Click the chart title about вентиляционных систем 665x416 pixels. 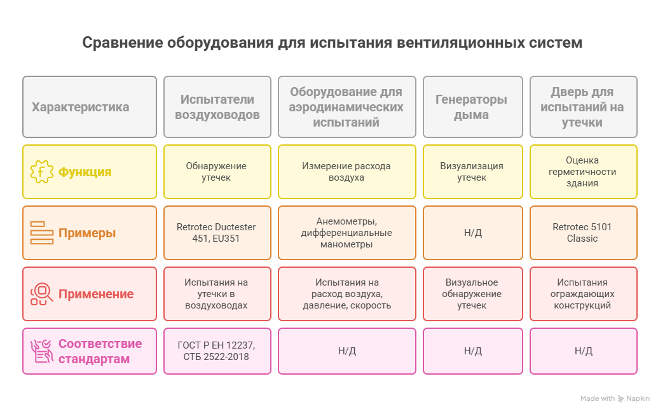point(332,43)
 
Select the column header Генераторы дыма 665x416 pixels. point(473,107)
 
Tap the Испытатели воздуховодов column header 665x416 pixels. point(217,107)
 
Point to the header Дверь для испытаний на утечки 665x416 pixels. point(583,107)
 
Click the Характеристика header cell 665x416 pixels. point(90,107)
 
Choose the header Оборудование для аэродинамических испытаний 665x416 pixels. point(347,107)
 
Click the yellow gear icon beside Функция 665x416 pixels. point(41,172)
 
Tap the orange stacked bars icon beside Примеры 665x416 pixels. point(41,233)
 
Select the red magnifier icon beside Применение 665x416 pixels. point(41,294)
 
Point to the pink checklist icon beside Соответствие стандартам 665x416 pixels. point(41,351)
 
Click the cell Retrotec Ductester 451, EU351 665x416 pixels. point(217,233)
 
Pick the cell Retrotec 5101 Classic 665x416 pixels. point(583,233)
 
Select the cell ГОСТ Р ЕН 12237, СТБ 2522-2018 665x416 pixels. point(217,351)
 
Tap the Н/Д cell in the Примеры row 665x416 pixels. point(473,233)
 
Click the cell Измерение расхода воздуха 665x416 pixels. point(347,172)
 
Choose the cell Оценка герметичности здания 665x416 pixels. point(583,172)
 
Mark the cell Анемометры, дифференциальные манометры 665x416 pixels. point(347,233)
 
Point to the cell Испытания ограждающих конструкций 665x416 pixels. point(583,294)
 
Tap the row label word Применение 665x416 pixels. point(96,294)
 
